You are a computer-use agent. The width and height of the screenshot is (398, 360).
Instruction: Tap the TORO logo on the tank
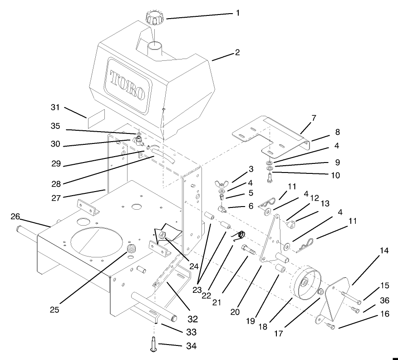[127, 85]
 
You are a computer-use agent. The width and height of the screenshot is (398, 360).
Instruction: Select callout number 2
[236, 53]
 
